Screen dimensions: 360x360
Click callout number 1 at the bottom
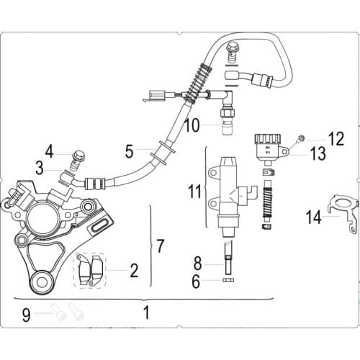[147, 313]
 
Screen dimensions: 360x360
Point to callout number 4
[49, 151]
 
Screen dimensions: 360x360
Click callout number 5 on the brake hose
[129, 152]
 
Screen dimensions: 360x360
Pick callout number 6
[196, 283]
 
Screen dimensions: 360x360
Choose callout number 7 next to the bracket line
[160, 246]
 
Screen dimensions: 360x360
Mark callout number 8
[197, 264]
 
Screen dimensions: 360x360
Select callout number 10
[191, 125]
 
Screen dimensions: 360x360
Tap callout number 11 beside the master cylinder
[194, 192]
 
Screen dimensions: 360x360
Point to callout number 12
[336, 136]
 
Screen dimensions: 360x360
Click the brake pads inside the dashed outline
[91, 270]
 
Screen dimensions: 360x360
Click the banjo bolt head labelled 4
[79, 154]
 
